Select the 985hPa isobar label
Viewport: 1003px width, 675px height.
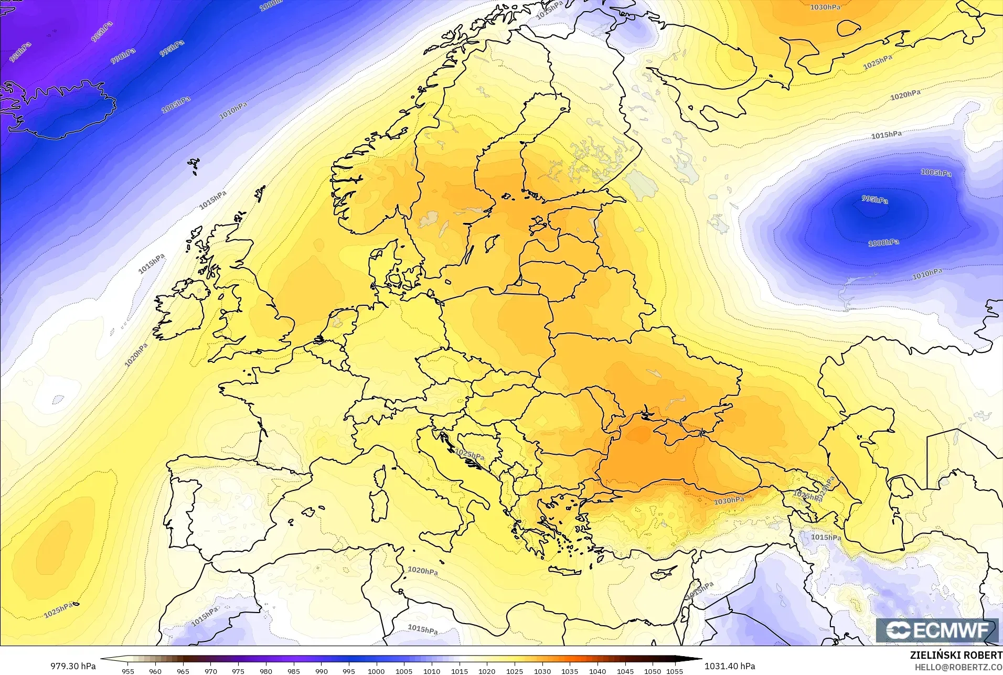click(x=101, y=32)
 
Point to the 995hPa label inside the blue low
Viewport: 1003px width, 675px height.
click(x=874, y=199)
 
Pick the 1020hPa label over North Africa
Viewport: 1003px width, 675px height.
click(x=423, y=571)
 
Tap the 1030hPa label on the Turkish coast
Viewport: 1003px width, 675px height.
click(x=729, y=501)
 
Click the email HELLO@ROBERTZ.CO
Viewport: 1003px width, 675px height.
click(x=958, y=667)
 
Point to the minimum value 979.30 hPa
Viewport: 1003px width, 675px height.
click(x=73, y=666)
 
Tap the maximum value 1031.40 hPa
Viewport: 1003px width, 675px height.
click(x=730, y=666)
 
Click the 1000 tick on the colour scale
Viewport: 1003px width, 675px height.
click(x=376, y=671)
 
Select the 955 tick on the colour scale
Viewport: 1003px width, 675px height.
click(x=127, y=671)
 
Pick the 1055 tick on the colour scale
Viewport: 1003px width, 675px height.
click(x=675, y=671)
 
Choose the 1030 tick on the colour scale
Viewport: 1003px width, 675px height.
click(x=542, y=671)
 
